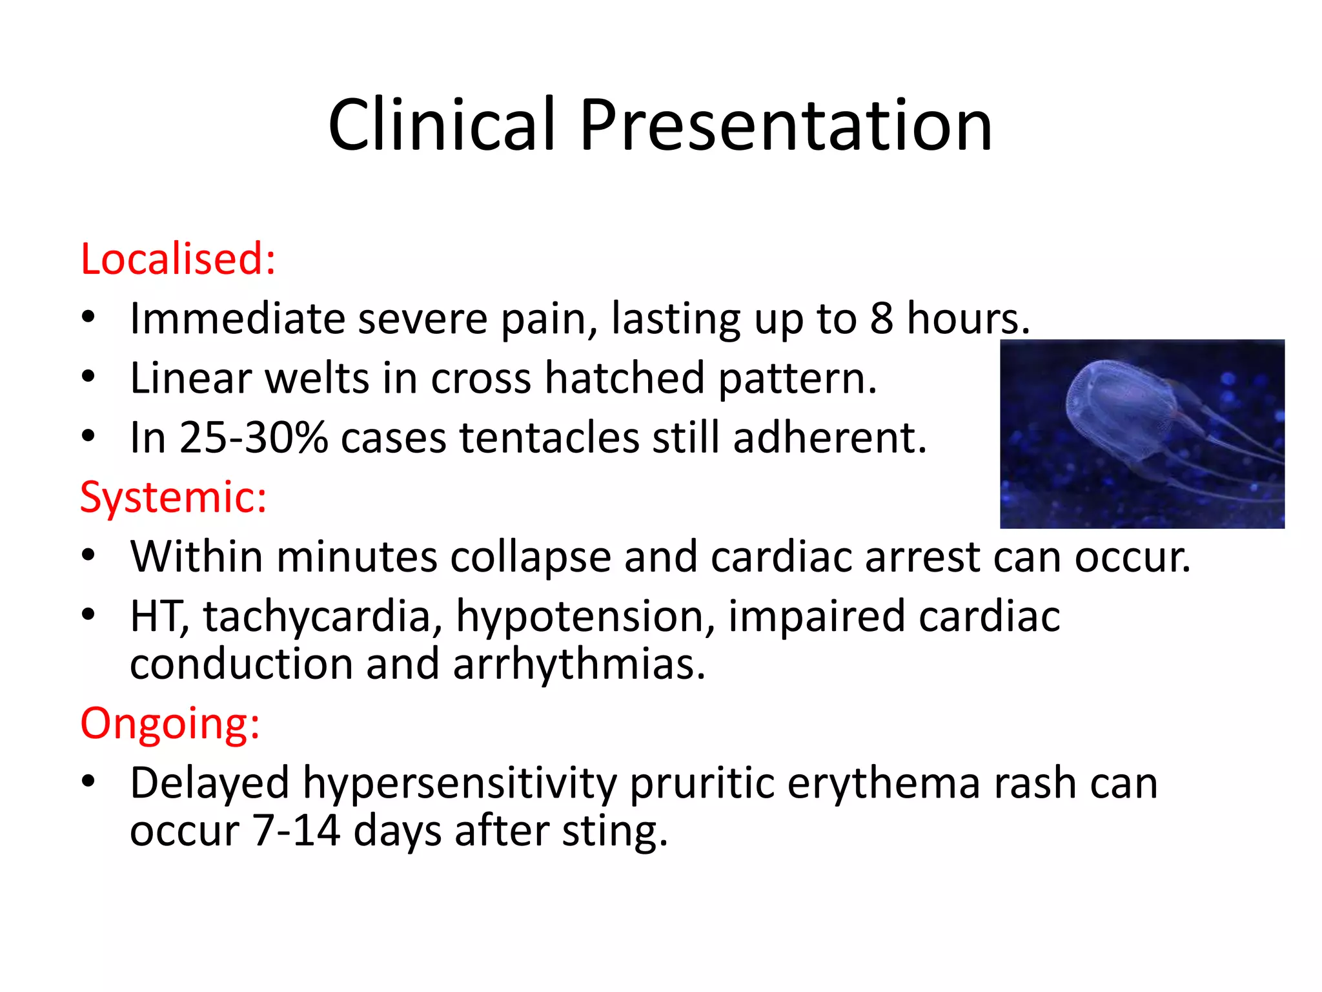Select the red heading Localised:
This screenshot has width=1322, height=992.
pos(178,259)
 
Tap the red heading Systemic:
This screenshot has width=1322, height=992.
pos(173,497)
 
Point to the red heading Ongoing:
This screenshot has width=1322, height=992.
pos(170,723)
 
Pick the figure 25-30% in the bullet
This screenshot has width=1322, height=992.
pos(253,438)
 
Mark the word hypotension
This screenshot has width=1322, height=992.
pos(585,617)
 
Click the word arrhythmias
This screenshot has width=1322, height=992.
pos(578,665)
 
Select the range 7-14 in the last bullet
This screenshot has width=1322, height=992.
pos(296,831)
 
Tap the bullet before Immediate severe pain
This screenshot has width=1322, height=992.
pos(88,317)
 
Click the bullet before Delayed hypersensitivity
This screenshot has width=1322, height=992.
pos(88,781)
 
